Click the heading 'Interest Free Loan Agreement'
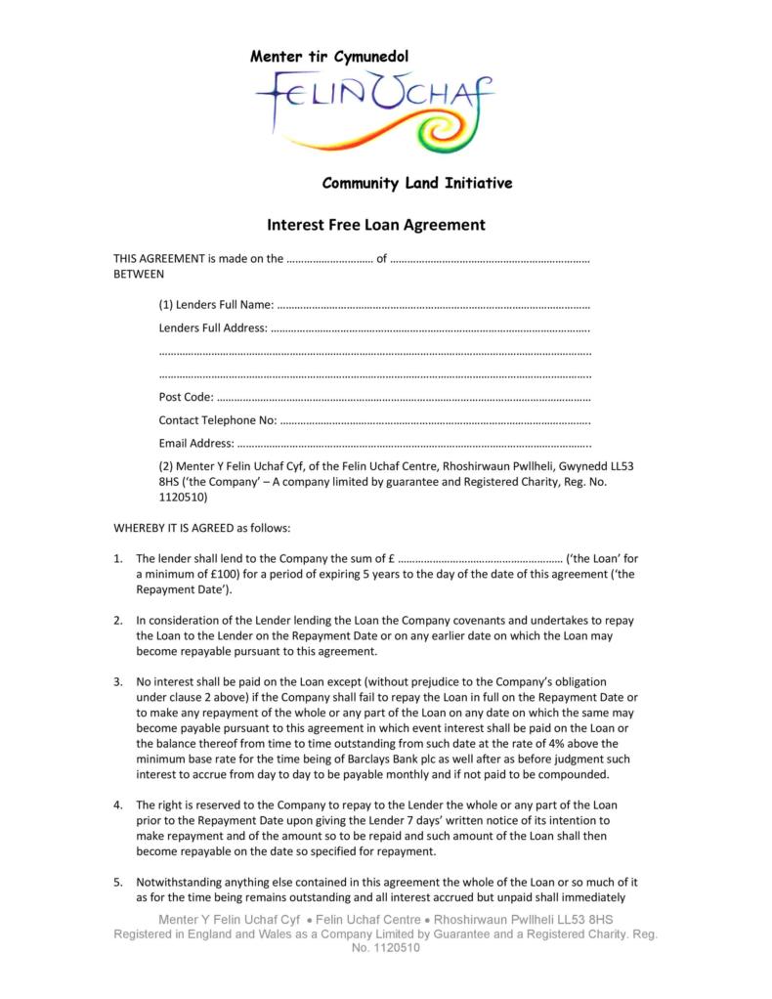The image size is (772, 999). point(376,226)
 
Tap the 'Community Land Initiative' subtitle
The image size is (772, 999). point(417,183)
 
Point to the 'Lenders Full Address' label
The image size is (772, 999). point(212,327)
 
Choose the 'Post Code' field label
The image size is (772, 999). point(185,396)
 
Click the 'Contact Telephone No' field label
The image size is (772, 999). point(217,420)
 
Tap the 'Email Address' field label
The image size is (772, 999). point(195,444)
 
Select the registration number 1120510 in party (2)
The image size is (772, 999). point(182,496)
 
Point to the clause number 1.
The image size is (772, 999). point(117,558)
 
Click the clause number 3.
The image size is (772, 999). point(117,680)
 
